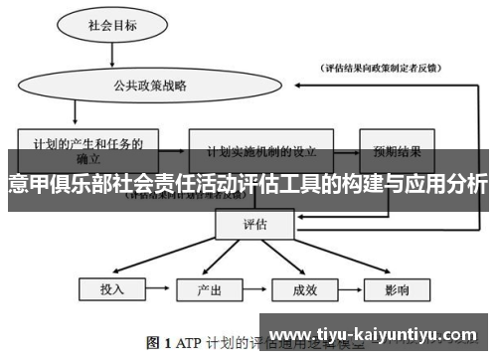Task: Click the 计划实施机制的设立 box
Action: [x=261, y=150]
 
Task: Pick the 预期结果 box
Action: [x=396, y=150]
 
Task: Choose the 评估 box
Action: [x=254, y=226]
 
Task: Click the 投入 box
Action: [x=112, y=290]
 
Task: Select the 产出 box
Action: [x=209, y=290]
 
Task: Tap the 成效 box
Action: [x=304, y=290]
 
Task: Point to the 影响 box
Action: [x=400, y=290]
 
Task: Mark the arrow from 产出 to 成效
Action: [x=256, y=290]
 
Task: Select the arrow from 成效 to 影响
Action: [x=352, y=290]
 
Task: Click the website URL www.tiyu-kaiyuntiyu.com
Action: [x=378, y=333]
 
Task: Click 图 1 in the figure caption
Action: [x=159, y=343]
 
